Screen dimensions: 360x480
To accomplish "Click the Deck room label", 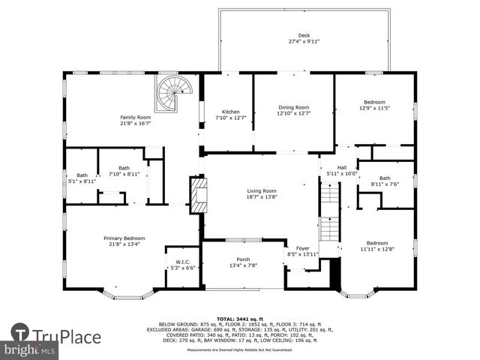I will click(304, 35).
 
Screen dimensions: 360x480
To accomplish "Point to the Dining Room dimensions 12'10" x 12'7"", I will click(293, 113).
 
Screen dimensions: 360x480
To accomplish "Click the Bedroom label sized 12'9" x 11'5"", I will click(374, 102).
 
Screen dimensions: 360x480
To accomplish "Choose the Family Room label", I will click(136, 117).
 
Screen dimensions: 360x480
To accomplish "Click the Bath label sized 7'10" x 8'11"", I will click(124, 168).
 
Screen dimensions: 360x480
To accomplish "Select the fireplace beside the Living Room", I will click(197, 195).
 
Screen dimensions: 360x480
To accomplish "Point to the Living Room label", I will click(262, 190).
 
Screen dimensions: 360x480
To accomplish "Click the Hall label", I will click(341, 167).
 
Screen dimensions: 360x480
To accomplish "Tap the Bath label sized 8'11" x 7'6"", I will click(385, 178).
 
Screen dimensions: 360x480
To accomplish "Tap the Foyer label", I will click(302, 248).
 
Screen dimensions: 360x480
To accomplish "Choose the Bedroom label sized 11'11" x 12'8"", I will click(377, 242).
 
